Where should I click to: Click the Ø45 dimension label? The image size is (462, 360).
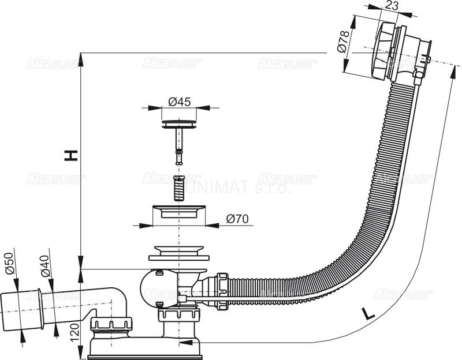(x=180, y=102)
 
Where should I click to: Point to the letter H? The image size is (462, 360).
(x=70, y=155)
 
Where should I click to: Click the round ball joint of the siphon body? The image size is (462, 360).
(x=152, y=287)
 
